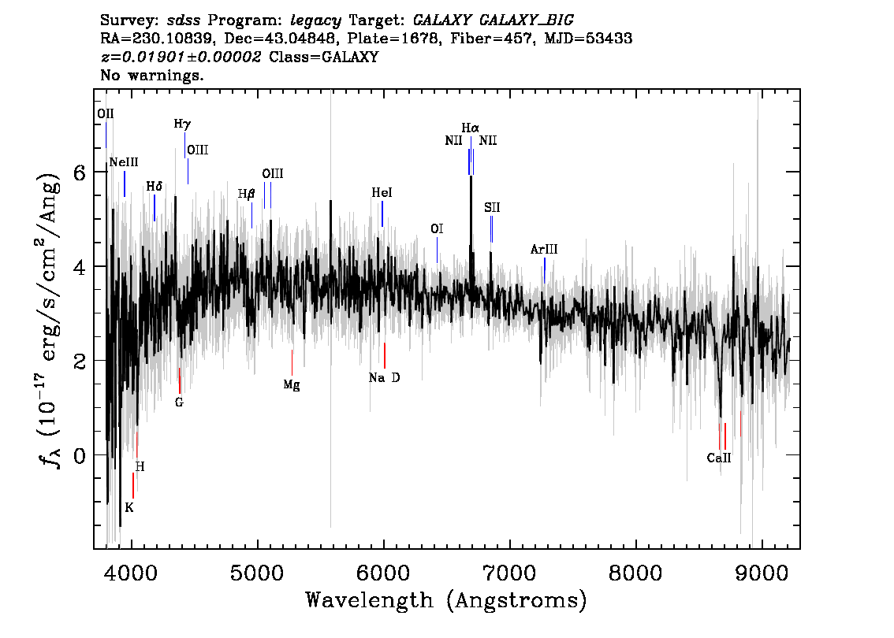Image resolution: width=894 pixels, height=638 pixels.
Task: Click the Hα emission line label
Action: (x=470, y=128)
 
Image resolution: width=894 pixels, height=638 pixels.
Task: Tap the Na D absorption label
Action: (x=384, y=378)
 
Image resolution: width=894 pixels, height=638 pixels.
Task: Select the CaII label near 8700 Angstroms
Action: (x=718, y=458)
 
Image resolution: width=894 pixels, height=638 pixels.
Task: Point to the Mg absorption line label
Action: (x=292, y=385)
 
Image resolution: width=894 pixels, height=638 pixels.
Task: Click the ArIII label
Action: (x=544, y=250)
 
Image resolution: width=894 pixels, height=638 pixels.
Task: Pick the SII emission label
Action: (x=492, y=208)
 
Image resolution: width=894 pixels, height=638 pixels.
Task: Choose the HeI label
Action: (x=382, y=193)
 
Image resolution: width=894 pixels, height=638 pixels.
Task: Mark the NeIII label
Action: (x=124, y=162)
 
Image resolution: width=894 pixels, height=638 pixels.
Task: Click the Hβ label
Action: (x=247, y=194)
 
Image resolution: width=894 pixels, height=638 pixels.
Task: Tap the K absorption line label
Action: (x=129, y=507)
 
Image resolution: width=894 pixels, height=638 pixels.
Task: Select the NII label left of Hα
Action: (x=453, y=141)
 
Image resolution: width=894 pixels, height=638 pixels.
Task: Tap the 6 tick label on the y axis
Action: (x=79, y=172)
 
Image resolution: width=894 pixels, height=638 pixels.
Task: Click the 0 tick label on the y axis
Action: (x=79, y=455)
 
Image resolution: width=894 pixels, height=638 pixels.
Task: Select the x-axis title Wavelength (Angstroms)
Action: (x=446, y=600)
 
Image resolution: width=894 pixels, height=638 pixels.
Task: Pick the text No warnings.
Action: (x=152, y=76)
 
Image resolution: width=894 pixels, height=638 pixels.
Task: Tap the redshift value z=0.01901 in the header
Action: (x=181, y=57)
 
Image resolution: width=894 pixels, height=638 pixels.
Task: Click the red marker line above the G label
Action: (x=180, y=380)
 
